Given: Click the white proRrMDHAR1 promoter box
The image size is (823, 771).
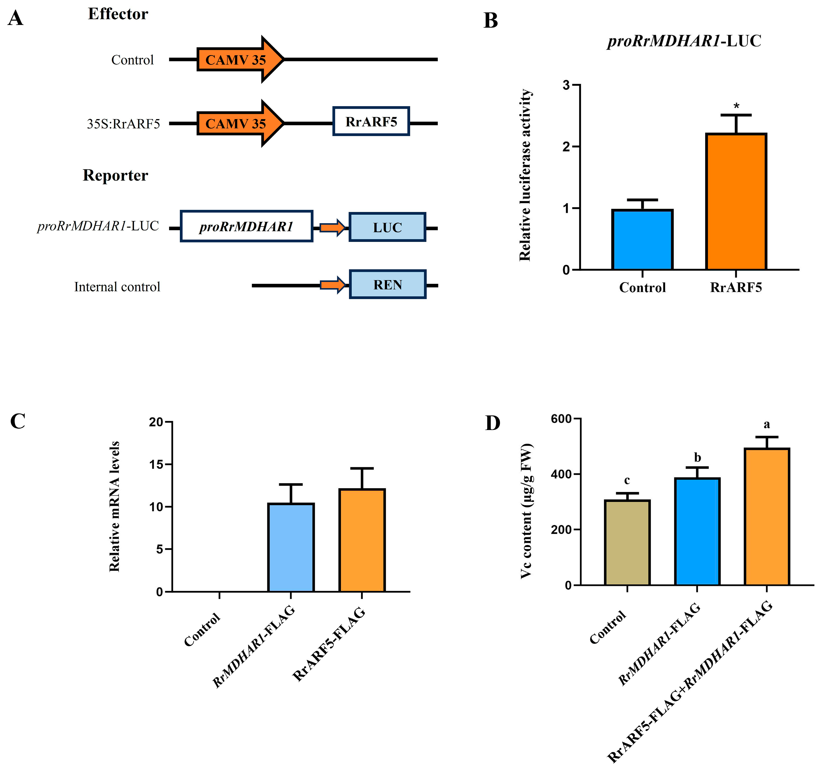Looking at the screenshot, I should point(246,226).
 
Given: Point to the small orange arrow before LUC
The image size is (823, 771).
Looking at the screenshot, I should point(332,227).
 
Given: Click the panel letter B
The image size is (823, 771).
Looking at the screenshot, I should point(491,21).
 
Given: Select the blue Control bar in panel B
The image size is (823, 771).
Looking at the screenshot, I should point(642,240).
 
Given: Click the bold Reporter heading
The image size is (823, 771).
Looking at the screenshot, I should point(115,175).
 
